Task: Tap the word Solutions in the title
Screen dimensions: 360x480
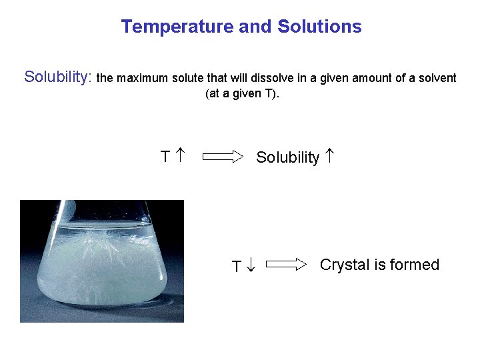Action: pyautogui.click(x=319, y=27)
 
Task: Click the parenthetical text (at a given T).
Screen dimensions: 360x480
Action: pyautogui.click(x=243, y=93)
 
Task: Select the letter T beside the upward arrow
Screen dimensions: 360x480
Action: pyautogui.click(x=165, y=157)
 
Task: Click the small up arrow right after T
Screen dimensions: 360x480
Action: pyautogui.click(x=179, y=157)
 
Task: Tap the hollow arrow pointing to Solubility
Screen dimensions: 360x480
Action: pyautogui.click(x=223, y=157)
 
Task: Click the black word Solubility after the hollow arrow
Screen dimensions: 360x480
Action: pyautogui.click(x=287, y=158)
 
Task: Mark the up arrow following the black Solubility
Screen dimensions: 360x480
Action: pyautogui.click(x=330, y=157)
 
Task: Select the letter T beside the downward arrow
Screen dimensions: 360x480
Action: pyautogui.click(x=236, y=267)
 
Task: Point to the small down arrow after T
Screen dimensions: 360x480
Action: pyautogui.click(x=250, y=266)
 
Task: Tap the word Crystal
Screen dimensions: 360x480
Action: pyautogui.click(x=344, y=265)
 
